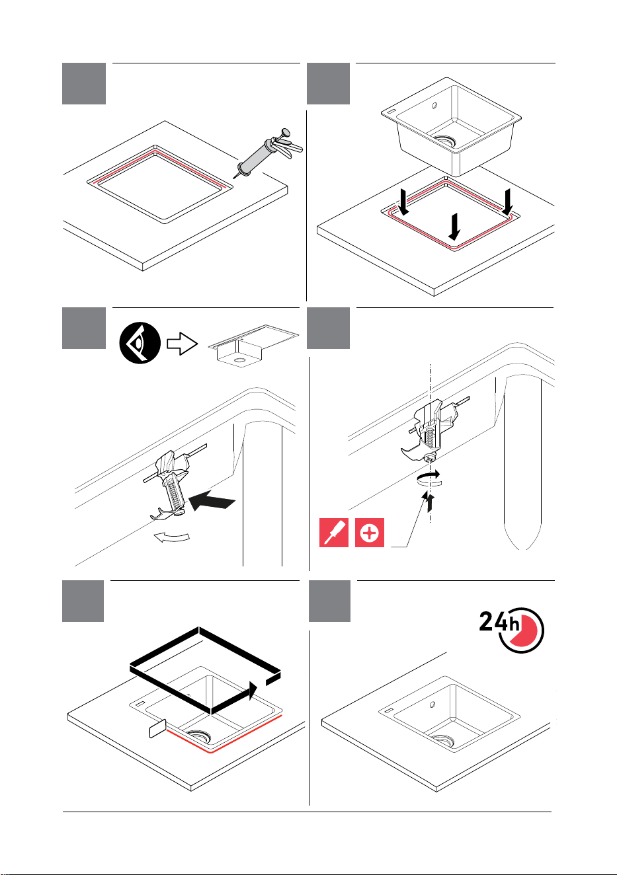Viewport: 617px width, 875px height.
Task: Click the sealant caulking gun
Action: point(268,153)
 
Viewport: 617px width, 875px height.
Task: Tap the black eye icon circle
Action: point(140,343)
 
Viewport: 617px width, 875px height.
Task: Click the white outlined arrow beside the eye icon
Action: point(183,344)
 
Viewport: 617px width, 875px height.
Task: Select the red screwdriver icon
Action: point(334,533)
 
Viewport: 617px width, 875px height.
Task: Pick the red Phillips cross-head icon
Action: point(370,533)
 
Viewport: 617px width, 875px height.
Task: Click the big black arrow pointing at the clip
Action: point(212,500)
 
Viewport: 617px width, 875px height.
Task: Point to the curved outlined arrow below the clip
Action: point(172,537)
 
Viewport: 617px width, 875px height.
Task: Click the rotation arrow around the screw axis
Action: point(429,480)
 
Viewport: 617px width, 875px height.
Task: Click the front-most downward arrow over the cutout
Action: point(454,227)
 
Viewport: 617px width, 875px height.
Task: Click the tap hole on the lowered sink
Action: point(434,106)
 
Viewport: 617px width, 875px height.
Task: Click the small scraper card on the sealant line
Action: point(158,728)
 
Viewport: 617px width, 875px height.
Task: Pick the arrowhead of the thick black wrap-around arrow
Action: point(253,691)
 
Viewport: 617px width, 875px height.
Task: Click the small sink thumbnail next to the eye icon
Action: point(253,346)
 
